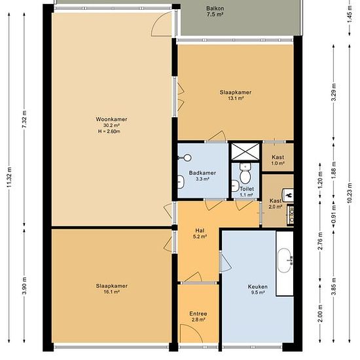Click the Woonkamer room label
coord(111,119)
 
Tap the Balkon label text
coord(215,9)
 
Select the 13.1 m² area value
coord(236,98)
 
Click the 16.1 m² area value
coord(111,292)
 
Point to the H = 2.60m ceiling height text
coord(109,132)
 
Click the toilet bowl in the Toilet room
coord(245,173)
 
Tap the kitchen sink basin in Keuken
coord(285,261)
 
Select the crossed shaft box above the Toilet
coord(245,152)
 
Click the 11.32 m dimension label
coord(9,177)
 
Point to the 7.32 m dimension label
coord(24,119)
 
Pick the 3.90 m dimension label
coord(24,286)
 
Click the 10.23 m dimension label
coord(350,193)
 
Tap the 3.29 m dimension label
coord(334,92)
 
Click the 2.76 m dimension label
coord(321,241)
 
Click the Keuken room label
coord(258,287)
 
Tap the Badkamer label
coord(202,173)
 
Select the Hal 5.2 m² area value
coord(200,236)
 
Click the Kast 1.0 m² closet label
coord(278,160)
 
